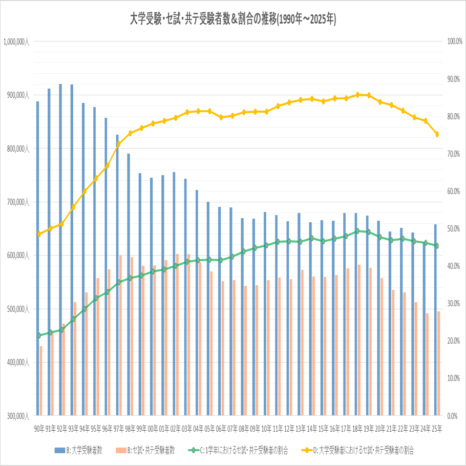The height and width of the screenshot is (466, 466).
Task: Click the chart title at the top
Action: coord(233,19)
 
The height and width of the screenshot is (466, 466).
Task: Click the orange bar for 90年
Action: coord(41,381)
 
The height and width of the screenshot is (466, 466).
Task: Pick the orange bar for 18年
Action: coord(359,340)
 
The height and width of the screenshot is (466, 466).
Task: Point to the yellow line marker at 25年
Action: coord(437,135)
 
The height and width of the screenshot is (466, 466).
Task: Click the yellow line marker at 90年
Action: coord(39,234)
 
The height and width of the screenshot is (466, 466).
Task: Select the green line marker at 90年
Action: coord(39,335)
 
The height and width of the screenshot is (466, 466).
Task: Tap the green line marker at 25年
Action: coord(437,246)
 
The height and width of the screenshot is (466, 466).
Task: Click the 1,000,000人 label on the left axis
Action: coord(16,42)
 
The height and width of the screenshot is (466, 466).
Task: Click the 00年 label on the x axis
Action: coord(153,429)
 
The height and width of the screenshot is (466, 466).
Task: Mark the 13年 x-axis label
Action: coord(301,429)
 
